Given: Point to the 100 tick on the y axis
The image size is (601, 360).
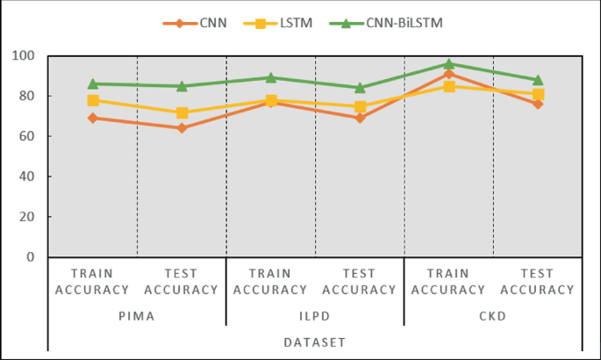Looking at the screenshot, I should point(28,56).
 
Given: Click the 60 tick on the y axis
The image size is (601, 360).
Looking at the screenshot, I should point(32,136).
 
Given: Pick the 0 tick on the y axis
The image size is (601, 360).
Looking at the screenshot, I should point(35,257).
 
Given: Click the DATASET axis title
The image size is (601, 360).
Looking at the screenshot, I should point(315,342).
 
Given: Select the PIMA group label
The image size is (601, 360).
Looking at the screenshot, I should point(137,313).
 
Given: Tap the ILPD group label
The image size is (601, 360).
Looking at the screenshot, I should point(315,313).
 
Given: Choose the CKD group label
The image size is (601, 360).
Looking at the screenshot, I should point(493,313).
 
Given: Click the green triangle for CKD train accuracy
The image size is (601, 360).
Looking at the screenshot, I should point(448,63).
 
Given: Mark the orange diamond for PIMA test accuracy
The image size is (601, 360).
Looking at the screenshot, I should point(182,128).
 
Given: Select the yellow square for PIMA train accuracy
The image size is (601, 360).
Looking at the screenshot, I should point(93,100).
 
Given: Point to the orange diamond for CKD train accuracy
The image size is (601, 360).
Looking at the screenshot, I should point(448,74).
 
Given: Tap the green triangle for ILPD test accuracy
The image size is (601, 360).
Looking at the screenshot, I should point(360,88).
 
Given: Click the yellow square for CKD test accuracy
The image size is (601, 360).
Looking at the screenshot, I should point(538,94).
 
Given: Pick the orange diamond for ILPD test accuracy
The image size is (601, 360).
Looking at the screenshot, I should point(360,118).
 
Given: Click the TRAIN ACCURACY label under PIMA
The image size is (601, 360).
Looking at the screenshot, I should point(93,282).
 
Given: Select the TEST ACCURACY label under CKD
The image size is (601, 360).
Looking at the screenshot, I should point(538,282).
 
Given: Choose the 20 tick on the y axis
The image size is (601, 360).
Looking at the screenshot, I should point(32,217).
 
